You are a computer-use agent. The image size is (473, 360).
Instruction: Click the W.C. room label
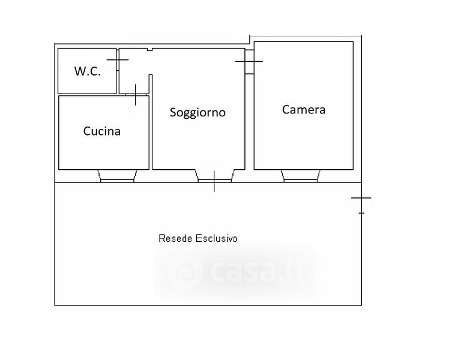coord(87,71)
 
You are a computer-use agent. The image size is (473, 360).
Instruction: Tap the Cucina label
coord(101,131)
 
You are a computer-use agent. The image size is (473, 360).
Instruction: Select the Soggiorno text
coord(197,112)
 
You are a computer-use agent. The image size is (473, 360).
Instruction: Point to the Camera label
coord(304,109)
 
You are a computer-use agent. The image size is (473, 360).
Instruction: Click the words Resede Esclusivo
coord(198,238)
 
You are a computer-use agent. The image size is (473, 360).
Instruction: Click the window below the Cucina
coord(117,176)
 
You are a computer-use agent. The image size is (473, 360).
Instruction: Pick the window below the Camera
coord(301,176)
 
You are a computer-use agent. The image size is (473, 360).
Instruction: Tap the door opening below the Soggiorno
coord(214,176)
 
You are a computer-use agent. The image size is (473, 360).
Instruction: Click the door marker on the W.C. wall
coord(118,59)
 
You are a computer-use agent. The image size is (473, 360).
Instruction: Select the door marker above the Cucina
coord(136,95)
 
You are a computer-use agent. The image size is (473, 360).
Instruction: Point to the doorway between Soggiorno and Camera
coord(249,62)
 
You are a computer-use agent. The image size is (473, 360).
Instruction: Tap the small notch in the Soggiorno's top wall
coord(149,49)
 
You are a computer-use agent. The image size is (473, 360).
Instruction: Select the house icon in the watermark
coord(184,272)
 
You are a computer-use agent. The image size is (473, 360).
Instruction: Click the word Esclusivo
coord(216,238)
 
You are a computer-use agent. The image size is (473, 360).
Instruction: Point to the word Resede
coord(175,238)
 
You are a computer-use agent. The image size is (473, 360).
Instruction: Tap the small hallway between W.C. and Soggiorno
coord(134,71)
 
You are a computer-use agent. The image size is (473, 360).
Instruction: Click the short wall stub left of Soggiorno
coord(151,85)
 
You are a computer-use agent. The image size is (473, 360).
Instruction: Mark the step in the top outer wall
coord(250,40)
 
